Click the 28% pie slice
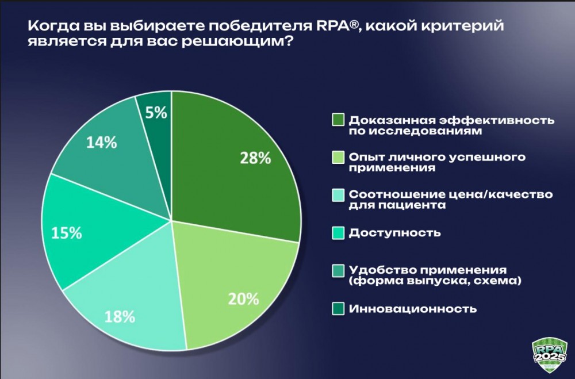[x=236, y=167]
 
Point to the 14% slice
[x=103, y=144]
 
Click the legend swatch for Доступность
[x=338, y=233]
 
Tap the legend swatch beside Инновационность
[x=338, y=309]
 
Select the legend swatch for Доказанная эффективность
[x=338, y=120]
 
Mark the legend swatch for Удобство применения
[x=338, y=270]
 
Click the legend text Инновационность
[x=413, y=309]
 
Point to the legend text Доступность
[x=395, y=233]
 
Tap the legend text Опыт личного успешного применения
[x=437, y=162]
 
